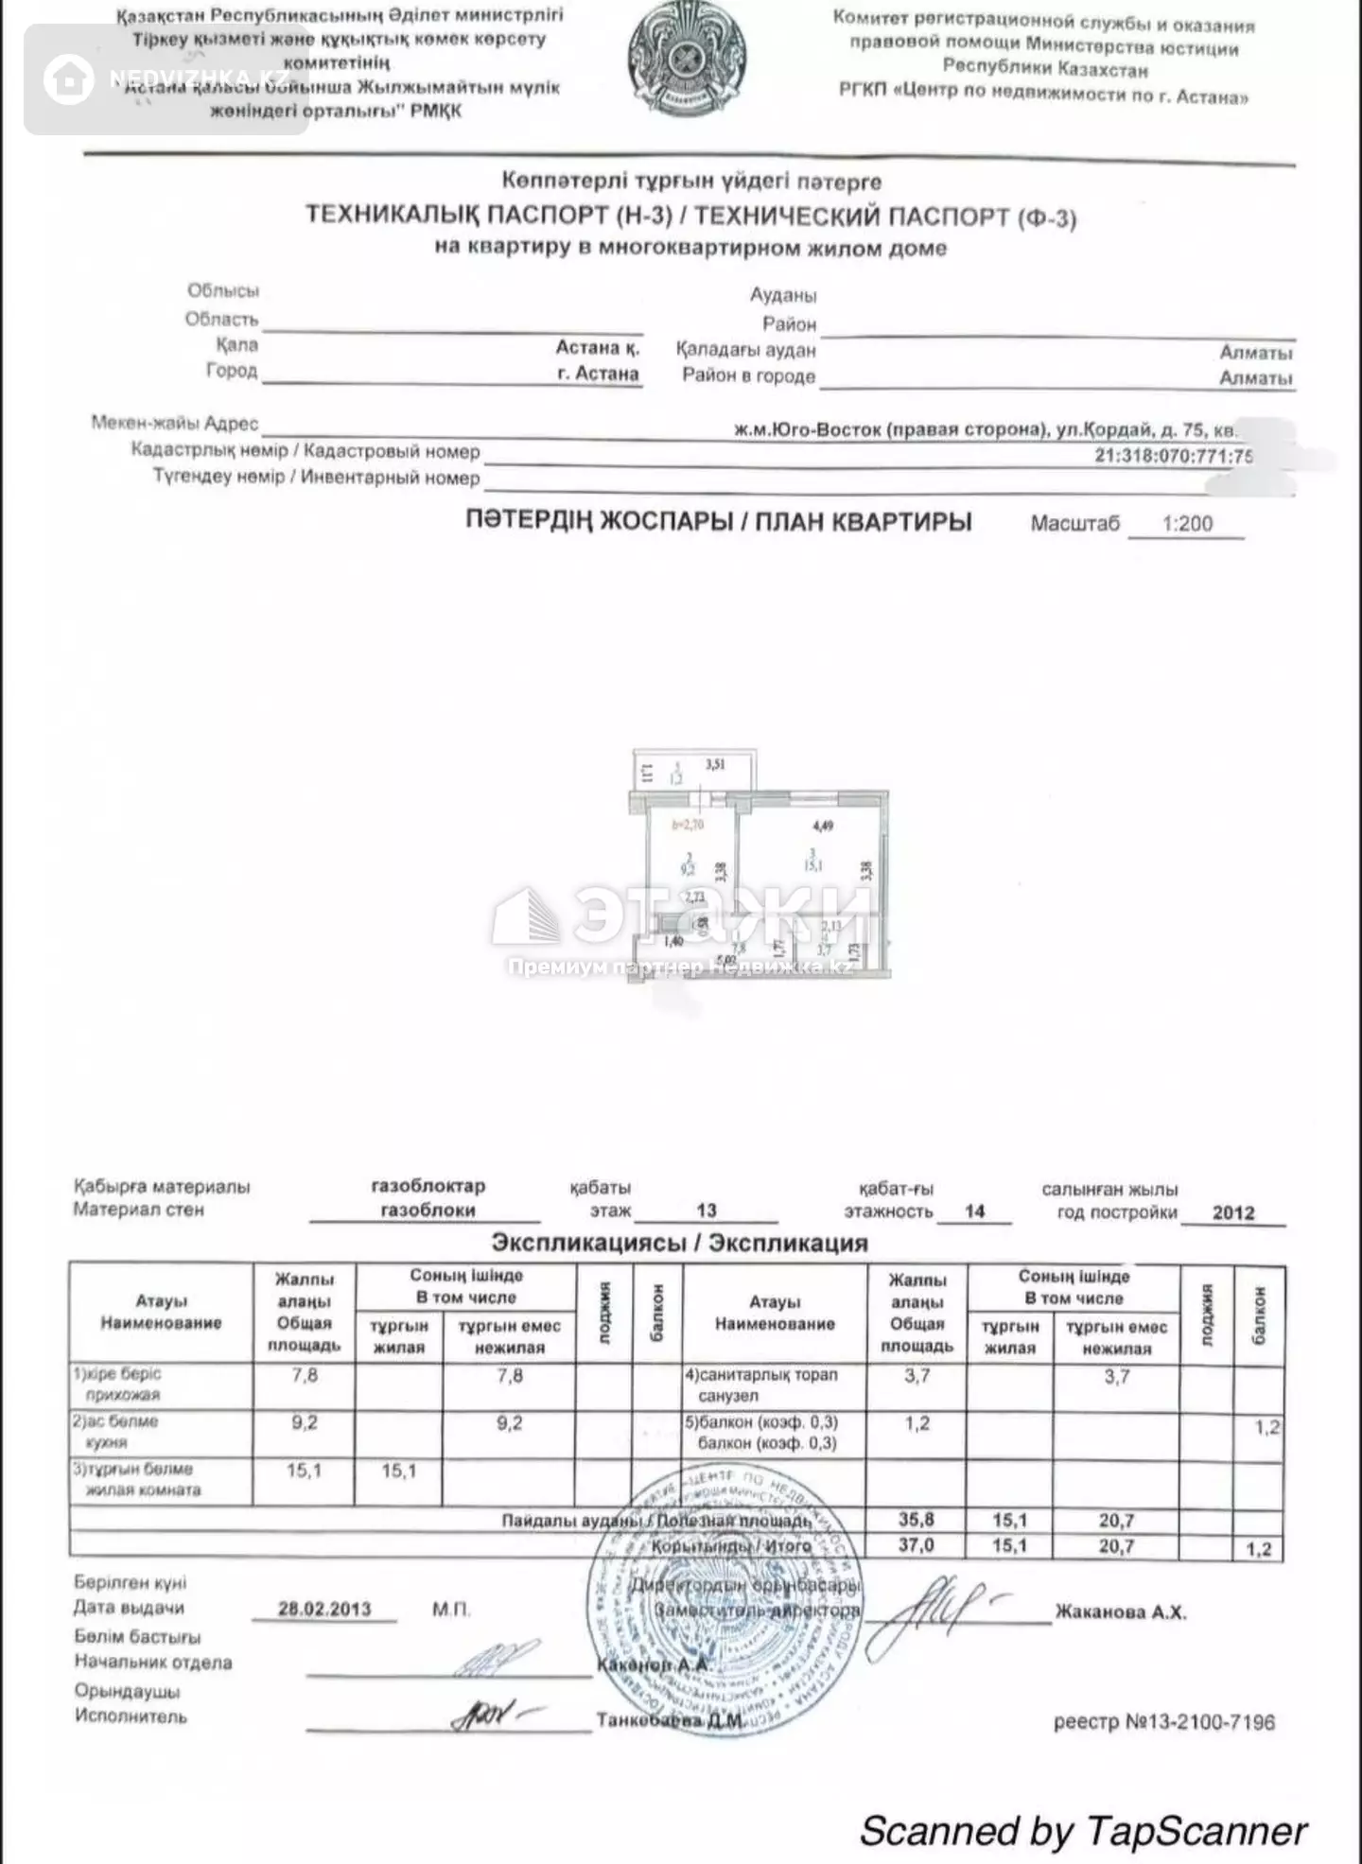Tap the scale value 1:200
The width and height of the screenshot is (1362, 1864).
pyautogui.click(x=1187, y=524)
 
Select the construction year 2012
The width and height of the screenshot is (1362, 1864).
pyautogui.click(x=1233, y=1213)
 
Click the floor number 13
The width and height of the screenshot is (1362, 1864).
pyautogui.click(x=706, y=1211)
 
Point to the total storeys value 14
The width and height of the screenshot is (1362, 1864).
pyautogui.click(x=974, y=1211)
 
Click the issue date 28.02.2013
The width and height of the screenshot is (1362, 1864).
pyautogui.click(x=324, y=1609)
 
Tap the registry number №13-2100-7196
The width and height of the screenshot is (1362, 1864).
pyautogui.click(x=1164, y=1722)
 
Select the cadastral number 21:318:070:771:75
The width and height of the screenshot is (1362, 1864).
pyautogui.click(x=1174, y=455)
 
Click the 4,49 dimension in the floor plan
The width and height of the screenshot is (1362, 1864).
pyautogui.click(x=823, y=826)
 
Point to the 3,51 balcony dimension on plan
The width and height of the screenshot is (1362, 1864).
pyautogui.click(x=715, y=764)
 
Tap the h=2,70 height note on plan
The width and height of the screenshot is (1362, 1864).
pyautogui.click(x=688, y=825)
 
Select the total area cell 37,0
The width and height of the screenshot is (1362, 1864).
pyautogui.click(x=916, y=1545)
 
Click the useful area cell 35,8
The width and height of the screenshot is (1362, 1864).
pyautogui.click(x=916, y=1520)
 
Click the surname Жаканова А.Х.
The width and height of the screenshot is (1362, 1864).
pyautogui.click(x=1121, y=1612)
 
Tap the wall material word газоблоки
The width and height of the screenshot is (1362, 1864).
pyautogui.click(x=428, y=1211)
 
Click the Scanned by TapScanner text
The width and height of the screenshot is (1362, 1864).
pyautogui.click(x=1084, y=1831)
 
